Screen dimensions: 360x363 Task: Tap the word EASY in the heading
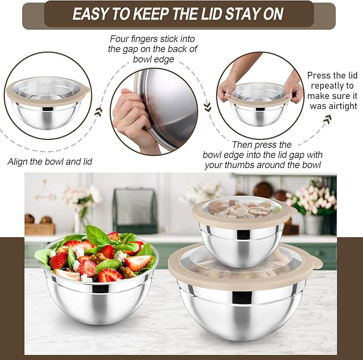tap(94, 14)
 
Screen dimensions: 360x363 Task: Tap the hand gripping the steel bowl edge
tap(130, 114)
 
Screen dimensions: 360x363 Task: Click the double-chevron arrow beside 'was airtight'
tap(326, 120)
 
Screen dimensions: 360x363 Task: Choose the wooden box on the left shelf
tap(40, 228)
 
